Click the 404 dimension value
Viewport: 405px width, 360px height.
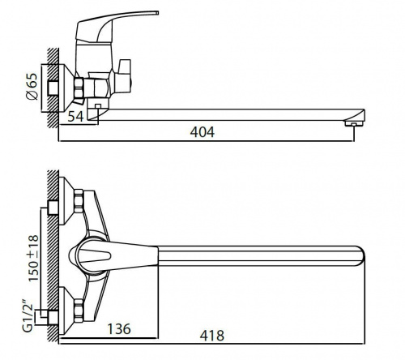[x=202, y=132]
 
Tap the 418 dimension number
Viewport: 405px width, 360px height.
[x=212, y=336]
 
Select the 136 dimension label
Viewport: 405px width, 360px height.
[x=119, y=329]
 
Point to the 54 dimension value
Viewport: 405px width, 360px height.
[x=75, y=117]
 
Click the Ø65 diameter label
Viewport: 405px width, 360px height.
[x=32, y=87]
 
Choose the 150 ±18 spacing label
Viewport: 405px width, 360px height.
[x=34, y=258]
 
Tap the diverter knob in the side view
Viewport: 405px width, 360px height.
[x=123, y=76]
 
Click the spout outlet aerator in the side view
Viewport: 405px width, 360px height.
[x=354, y=123]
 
